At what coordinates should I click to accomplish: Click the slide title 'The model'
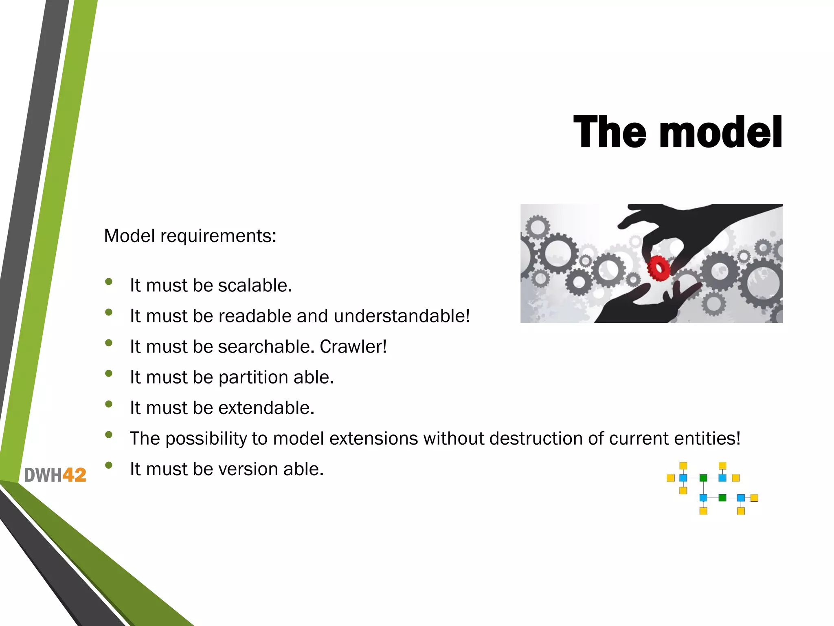coord(678,132)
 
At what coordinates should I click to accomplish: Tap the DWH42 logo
coord(55,475)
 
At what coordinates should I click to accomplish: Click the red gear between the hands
coord(658,268)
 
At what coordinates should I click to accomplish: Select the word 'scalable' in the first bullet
coord(255,285)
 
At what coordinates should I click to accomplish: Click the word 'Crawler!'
coord(353,346)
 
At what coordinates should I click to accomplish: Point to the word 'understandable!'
coord(402,316)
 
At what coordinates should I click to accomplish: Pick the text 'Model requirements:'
coord(190,236)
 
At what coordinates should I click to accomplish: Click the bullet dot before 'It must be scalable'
coord(108,282)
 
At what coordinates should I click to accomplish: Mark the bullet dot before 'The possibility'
coord(108,434)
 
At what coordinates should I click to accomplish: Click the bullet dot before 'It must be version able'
coord(108,465)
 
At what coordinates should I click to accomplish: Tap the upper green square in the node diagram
coord(703,478)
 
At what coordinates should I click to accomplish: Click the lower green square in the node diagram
coord(722,498)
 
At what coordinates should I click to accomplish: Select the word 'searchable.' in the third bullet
coord(266,346)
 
